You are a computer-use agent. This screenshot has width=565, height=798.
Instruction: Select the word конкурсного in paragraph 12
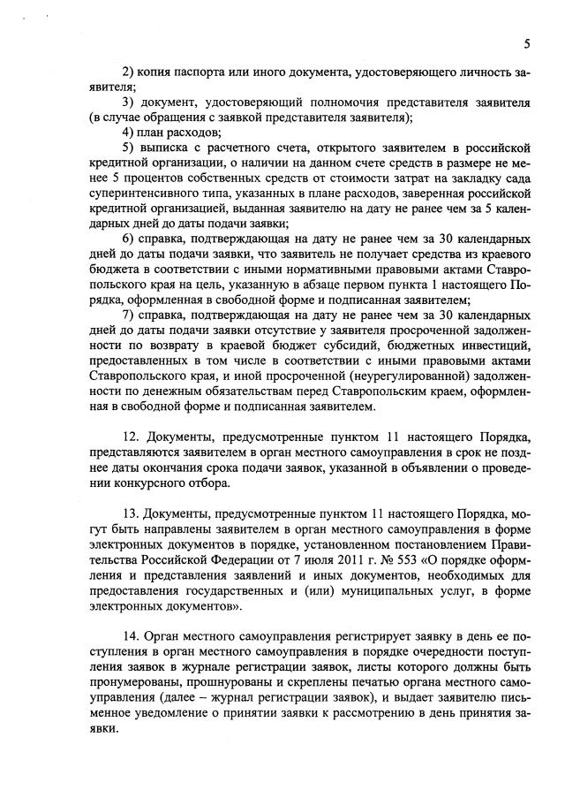point(153,483)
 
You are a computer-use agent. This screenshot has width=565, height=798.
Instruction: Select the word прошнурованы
point(213,682)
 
